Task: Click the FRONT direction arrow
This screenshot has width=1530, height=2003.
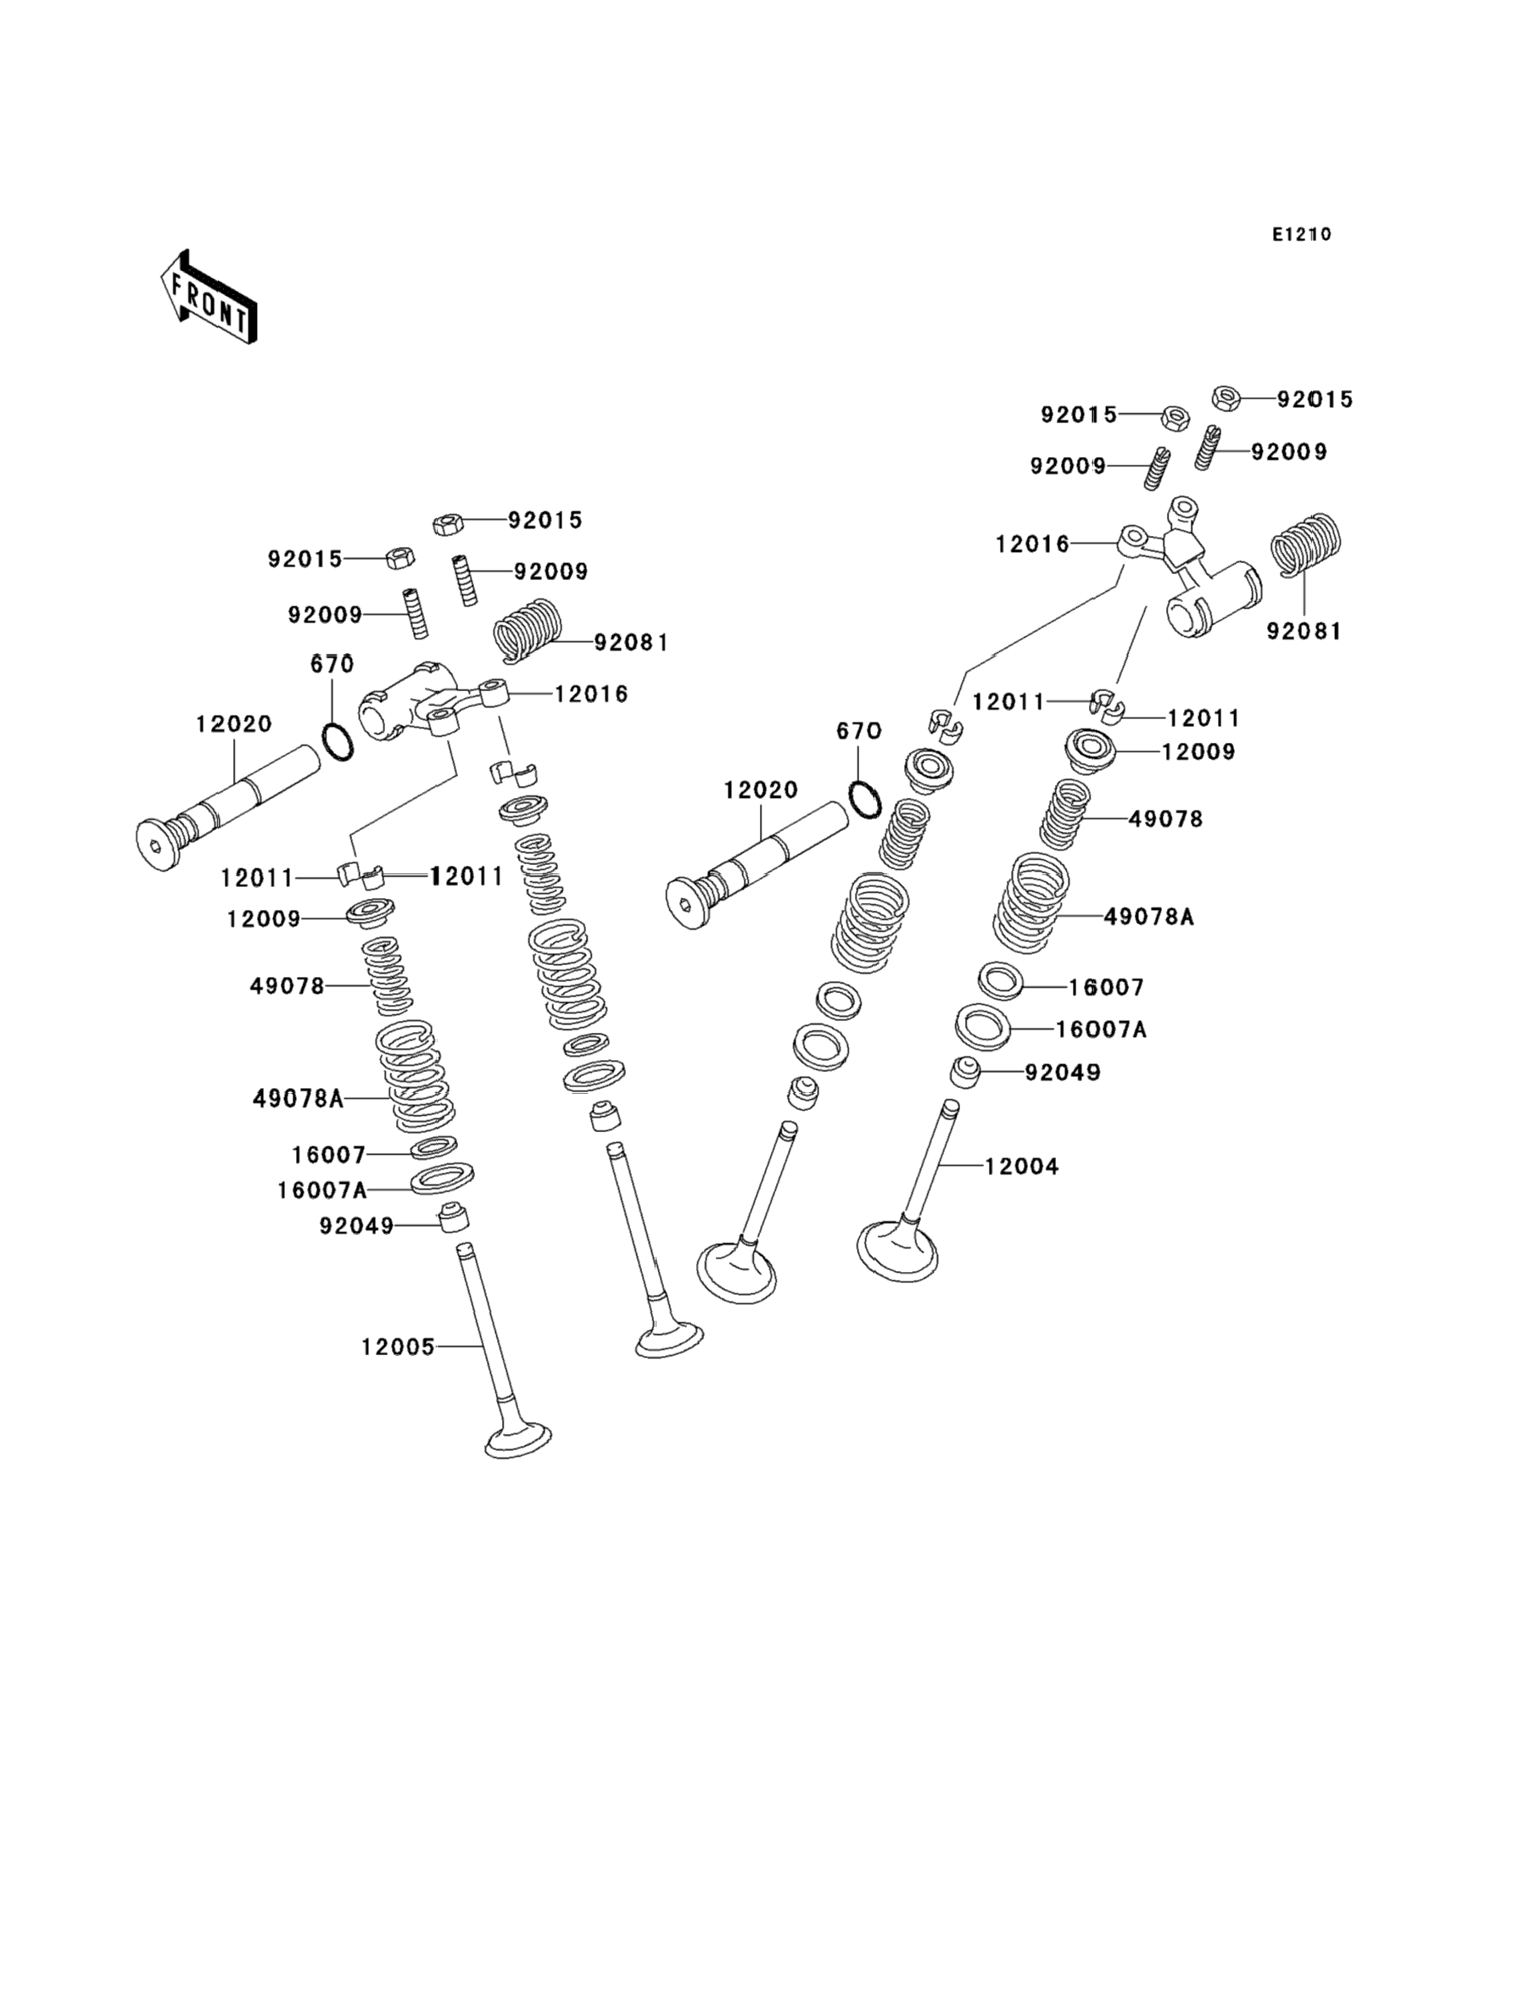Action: [x=209, y=298]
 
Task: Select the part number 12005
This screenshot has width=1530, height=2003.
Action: [x=397, y=1347]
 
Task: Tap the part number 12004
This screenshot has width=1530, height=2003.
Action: [x=1022, y=1166]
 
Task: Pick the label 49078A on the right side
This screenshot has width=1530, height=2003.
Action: [x=1148, y=917]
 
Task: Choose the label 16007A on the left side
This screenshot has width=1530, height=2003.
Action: [x=322, y=1190]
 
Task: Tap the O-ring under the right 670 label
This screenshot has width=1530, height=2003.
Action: [x=865, y=799]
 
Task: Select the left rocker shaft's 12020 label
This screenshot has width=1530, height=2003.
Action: [x=234, y=724]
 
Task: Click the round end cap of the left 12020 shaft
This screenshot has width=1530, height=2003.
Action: [x=159, y=845]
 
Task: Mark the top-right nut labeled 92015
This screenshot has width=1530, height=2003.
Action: [x=1226, y=399]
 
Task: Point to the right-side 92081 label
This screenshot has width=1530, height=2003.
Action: [x=1304, y=631]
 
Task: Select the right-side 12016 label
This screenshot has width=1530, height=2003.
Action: [x=1032, y=544]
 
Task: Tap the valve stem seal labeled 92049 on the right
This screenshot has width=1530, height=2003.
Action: [x=964, y=1072]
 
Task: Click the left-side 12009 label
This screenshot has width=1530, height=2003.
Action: [x=263, y=919]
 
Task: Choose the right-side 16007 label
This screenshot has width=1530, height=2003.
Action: [x=1106, y=987]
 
